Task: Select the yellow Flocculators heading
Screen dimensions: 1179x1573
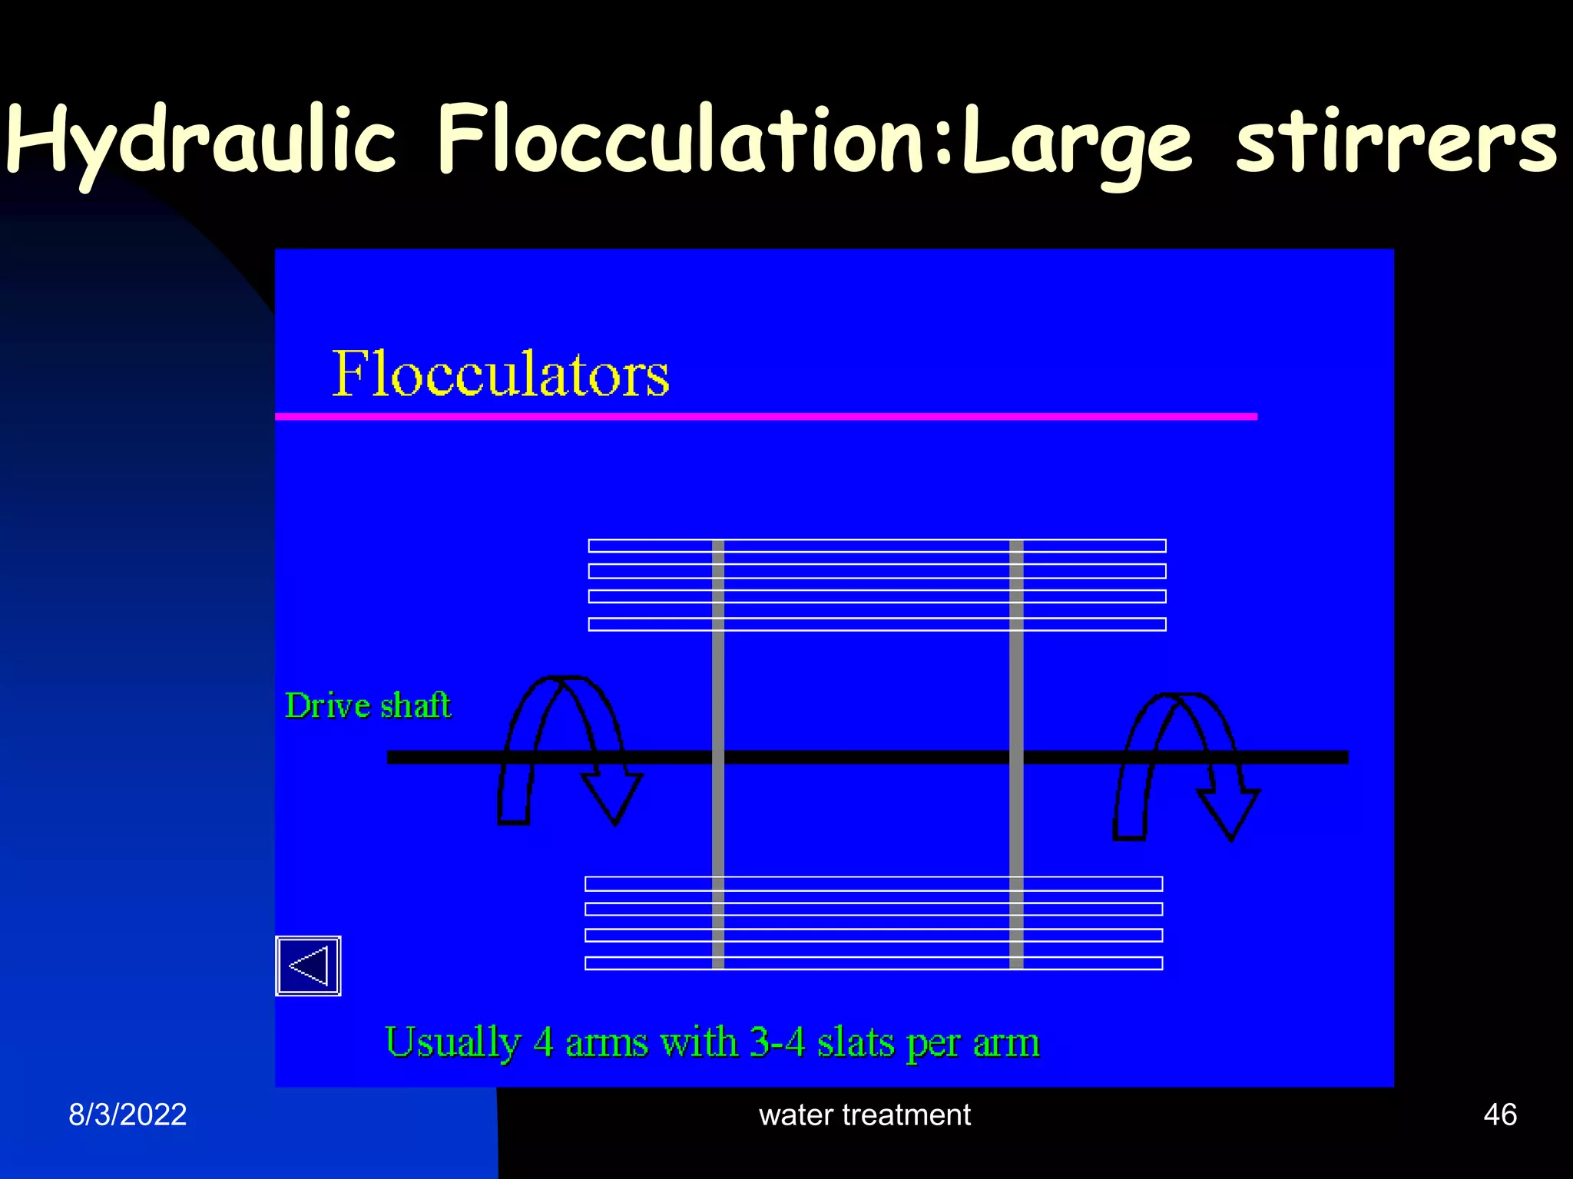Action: pyautogui.click(x=500, y=374)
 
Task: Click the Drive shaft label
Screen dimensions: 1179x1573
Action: pyautogui.click(x=368, y=705)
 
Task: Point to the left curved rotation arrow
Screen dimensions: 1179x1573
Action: pyautogui.click(x=568, y=748)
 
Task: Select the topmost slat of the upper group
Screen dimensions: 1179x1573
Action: pyautogui.click(x=876, y=546)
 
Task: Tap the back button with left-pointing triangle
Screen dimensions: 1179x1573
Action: pyautogui.click(x=308, y=966)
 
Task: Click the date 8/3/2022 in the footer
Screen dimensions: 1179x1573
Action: pyautogui.click(x=127, y=1115)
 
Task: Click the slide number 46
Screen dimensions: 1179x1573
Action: pyautogui.click(x=1499, y=1115)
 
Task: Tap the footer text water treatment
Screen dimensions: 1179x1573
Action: pyautogui.click(x=864, y=1115)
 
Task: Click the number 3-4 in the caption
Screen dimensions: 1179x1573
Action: pyautogui.click(x=777, y=1042)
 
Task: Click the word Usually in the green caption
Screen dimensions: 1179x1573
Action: pyautogui.click(x=453, y=1042)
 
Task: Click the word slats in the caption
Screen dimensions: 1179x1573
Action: pyautogui.click(x=855, y=1042)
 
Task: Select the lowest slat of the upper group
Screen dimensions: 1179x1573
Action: pyautogui.click(x=876, y=624)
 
